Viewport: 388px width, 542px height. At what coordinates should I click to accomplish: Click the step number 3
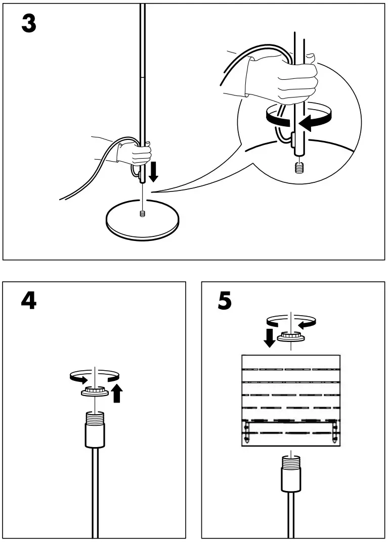pyautogui.click(x=29, y=24)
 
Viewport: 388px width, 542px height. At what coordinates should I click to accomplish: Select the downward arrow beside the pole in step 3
pyautogui.click(x=154, y=171)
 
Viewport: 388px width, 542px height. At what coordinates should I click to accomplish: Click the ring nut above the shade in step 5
pyautogui.click(x=291, y=337)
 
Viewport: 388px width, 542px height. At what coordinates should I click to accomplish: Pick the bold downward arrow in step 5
pyautogui.click(x=270, y=337)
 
